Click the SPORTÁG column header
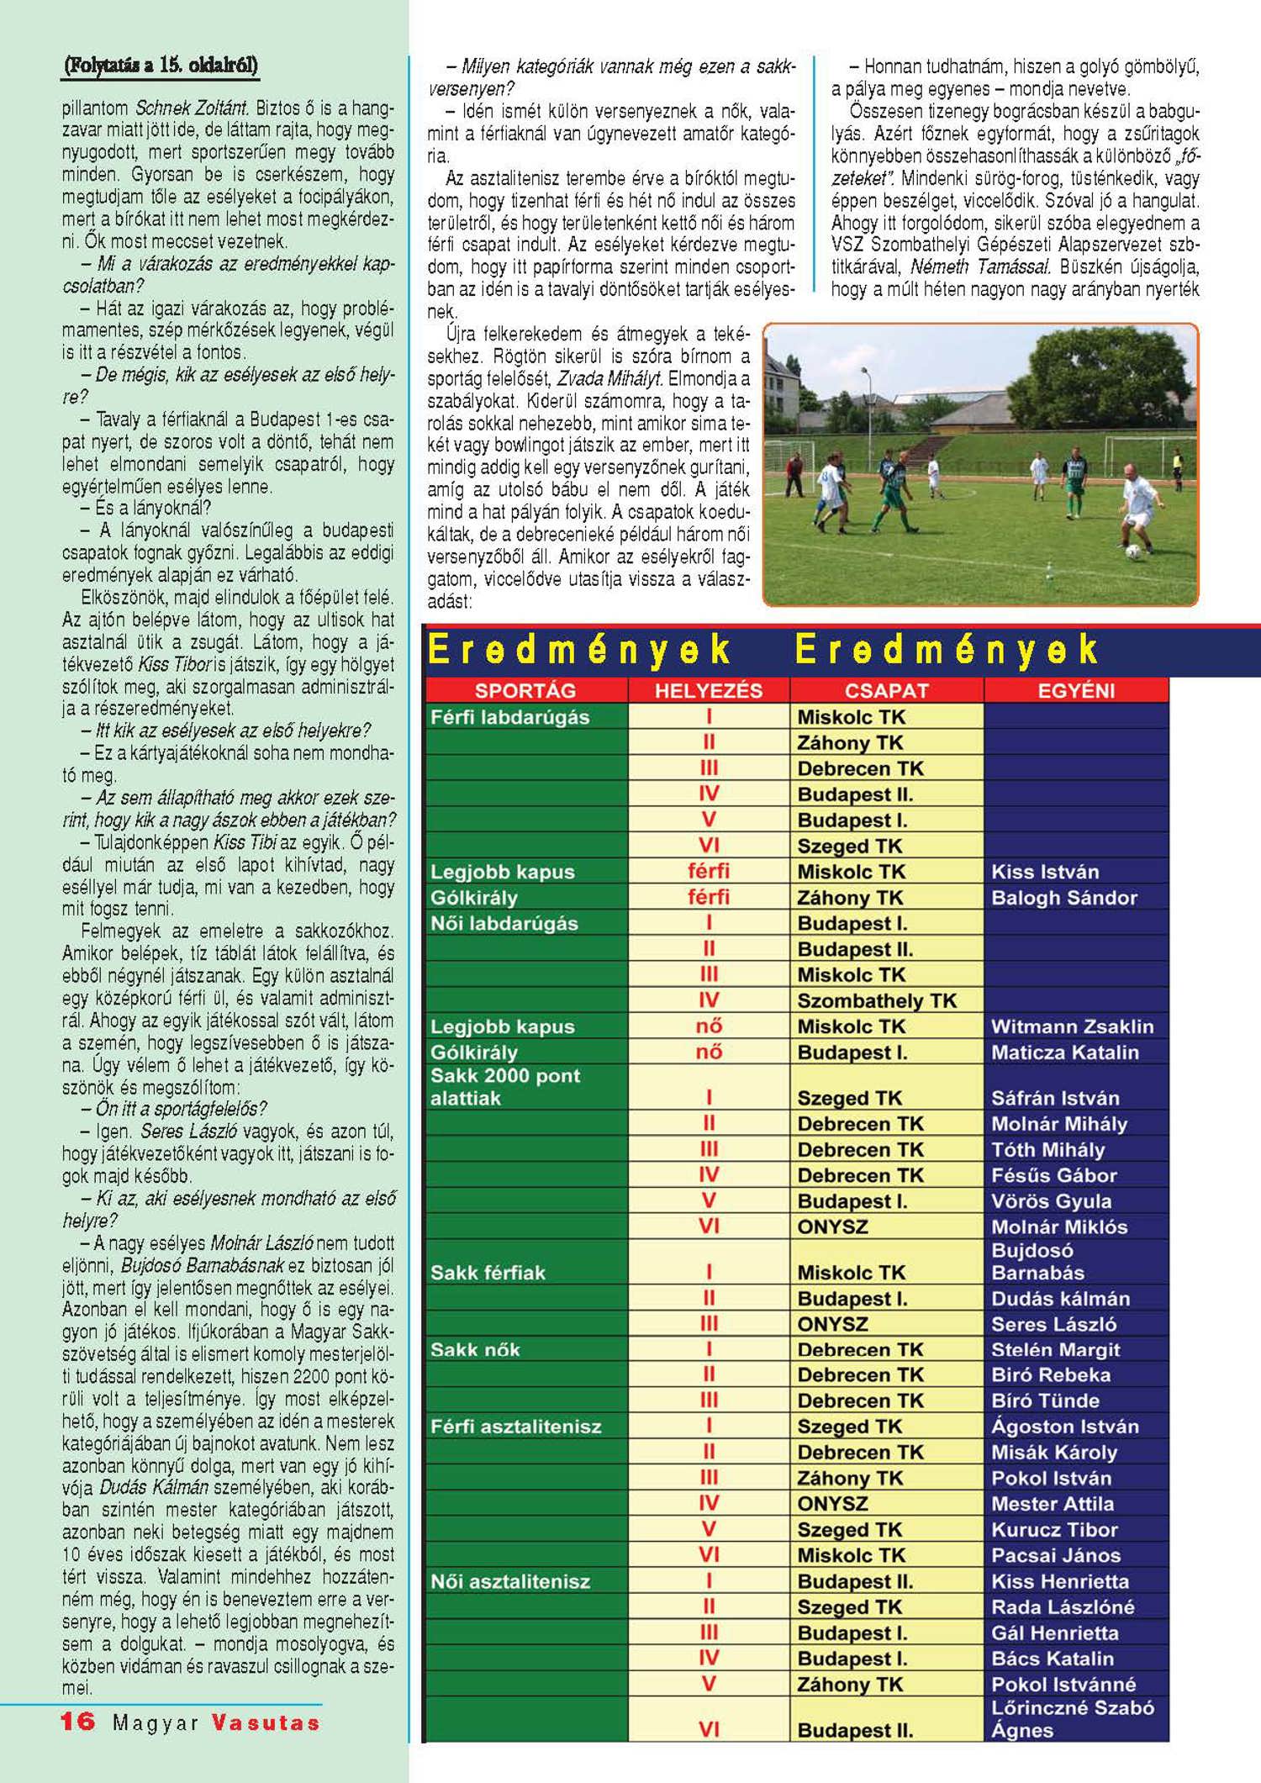525,690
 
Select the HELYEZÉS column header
708,690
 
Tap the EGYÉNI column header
1076,690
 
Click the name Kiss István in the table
1045,872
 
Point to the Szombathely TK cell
877,1000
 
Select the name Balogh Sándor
1063,898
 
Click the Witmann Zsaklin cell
1072,1026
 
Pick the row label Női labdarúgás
504,923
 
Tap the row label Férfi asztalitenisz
516,1427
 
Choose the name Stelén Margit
1055,1350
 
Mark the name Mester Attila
1053,1504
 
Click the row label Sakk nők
475,1350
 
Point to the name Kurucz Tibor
1054,1530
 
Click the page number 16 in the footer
78,1722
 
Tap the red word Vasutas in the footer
266,1722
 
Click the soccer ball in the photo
1133,551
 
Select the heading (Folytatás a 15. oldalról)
160,66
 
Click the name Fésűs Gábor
1054,1175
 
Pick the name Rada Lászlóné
1063,1607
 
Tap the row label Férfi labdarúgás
510,717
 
